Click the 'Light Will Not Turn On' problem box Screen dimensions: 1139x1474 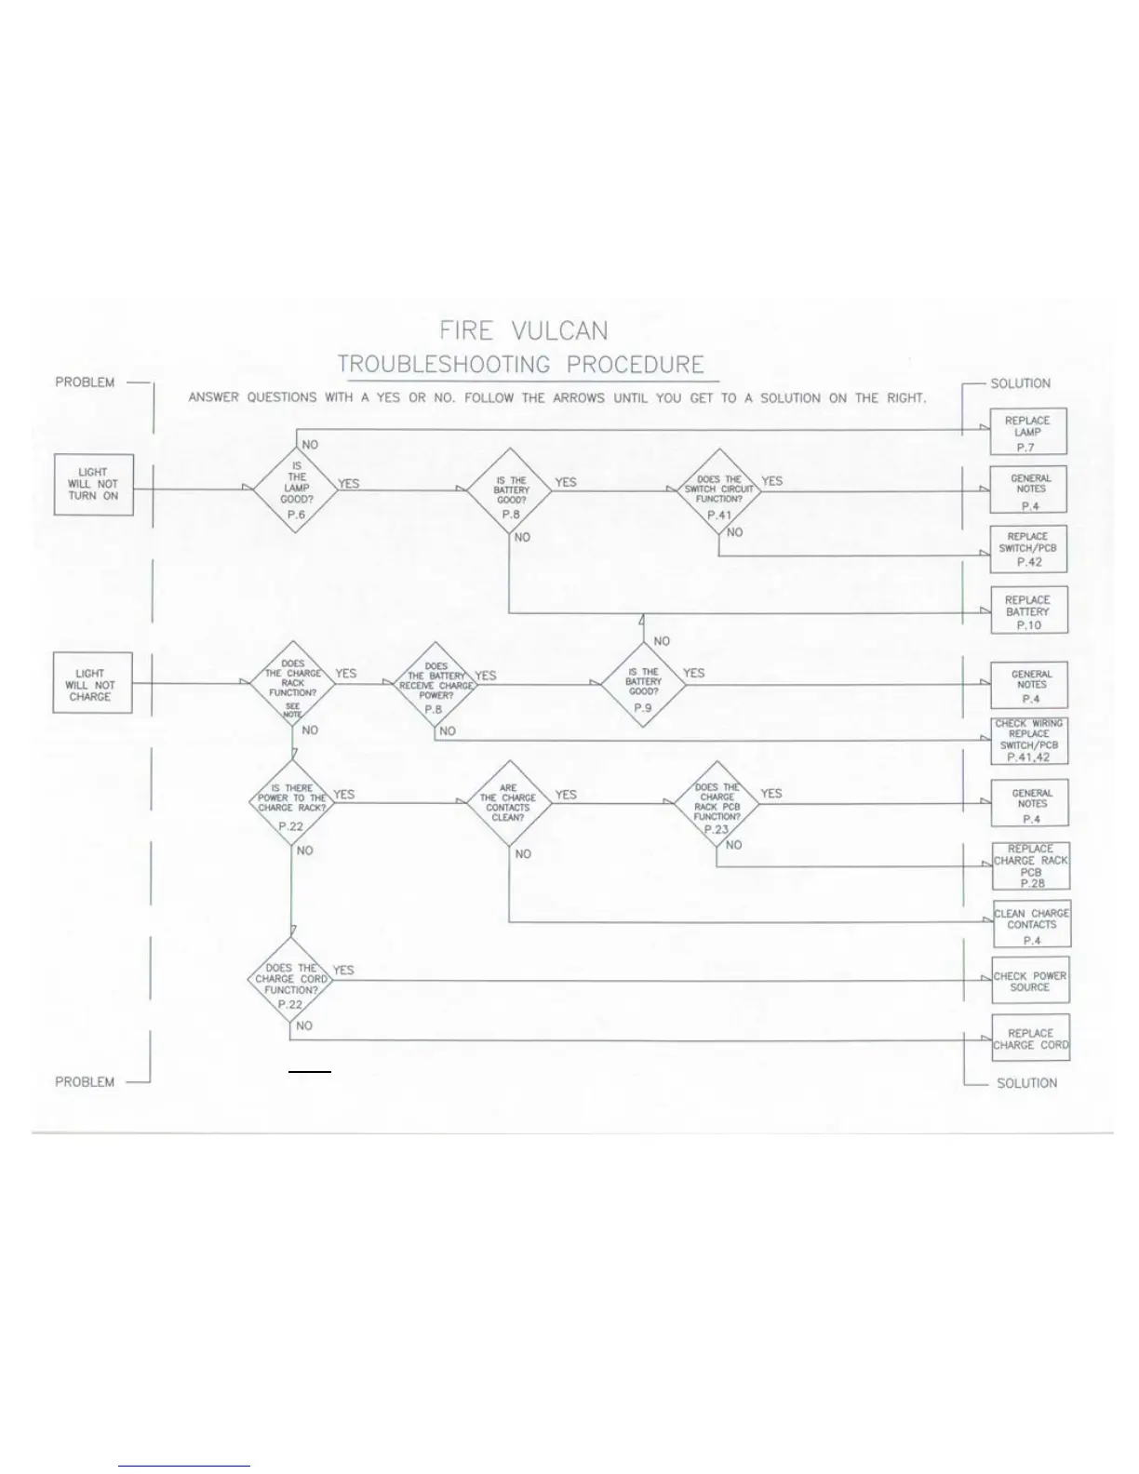click(92, 485)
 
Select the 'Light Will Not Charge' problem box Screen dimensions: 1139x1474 click(91, 684)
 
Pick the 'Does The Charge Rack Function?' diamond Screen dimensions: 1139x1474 click(292, 684)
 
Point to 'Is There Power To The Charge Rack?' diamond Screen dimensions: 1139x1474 click(292, 802)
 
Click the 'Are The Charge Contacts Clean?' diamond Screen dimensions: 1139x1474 click(508, 802)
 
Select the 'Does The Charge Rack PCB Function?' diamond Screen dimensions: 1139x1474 click(717, 803)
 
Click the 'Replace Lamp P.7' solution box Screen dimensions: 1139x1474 click(1027, 432)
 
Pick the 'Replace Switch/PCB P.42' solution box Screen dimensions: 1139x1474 click(1028, 549)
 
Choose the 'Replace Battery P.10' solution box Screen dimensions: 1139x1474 click(1028, 610)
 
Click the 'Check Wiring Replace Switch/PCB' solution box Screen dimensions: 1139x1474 click(1029, 741)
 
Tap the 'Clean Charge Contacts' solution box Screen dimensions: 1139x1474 click(1031, 924)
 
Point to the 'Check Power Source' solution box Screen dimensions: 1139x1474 click(1030, 981)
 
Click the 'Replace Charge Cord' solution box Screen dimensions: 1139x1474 click(1030, 1038)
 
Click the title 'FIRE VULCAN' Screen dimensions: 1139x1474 click(523, 331)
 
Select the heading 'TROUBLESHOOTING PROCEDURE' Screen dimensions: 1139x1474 click(521, 365)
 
